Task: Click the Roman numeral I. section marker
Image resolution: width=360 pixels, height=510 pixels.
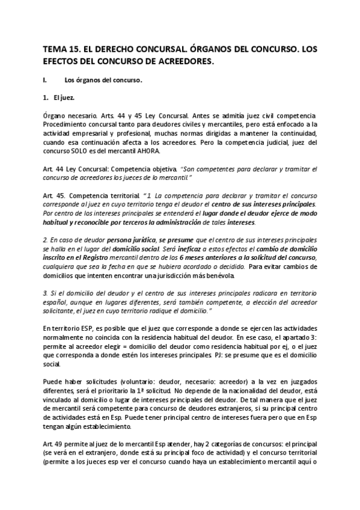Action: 45,79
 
